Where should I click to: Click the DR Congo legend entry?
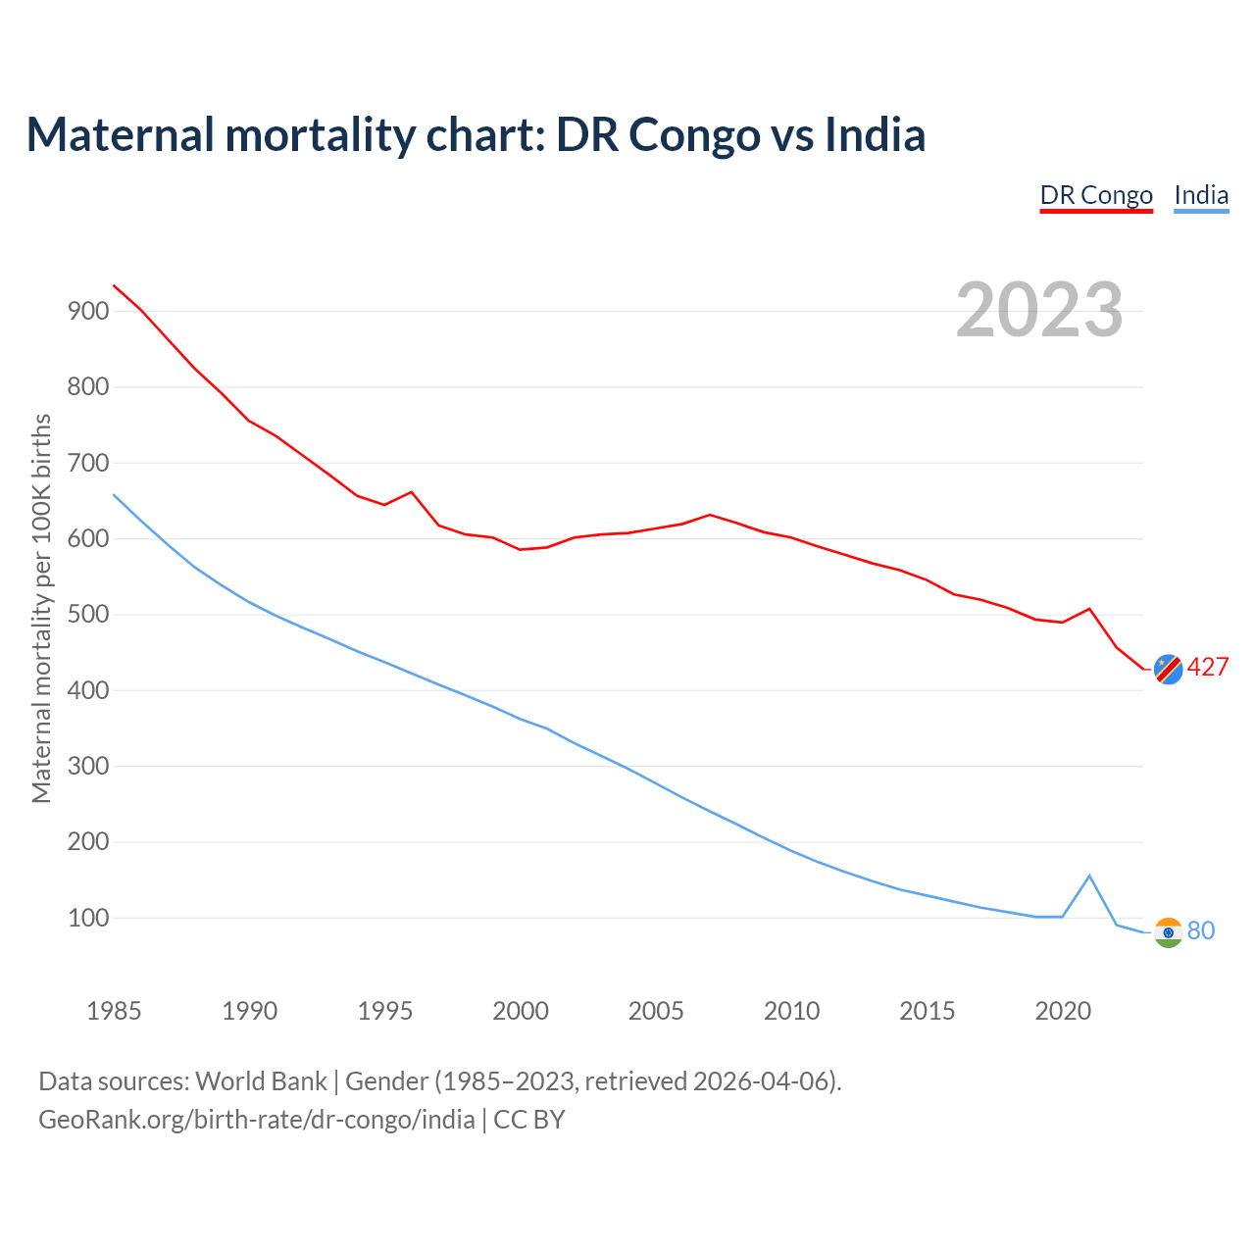1096,195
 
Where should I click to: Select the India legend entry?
1201,195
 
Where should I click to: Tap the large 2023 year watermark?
1039,310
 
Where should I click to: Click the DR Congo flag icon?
1168,669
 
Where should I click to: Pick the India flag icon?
1168,931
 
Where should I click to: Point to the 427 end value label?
1208,668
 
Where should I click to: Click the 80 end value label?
1201,930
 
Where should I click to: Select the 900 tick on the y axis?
88,311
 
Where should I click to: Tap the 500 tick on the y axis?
88,615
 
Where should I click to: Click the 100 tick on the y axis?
88,919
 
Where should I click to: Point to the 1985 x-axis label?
114,1011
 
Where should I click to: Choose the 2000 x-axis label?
521,1011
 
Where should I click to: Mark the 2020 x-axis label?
1063,1011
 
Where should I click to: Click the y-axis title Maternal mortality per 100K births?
41,608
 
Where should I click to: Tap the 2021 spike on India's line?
1089,876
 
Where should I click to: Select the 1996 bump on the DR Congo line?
411,492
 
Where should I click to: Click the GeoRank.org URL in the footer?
257,1119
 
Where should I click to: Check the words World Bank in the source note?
261,1081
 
